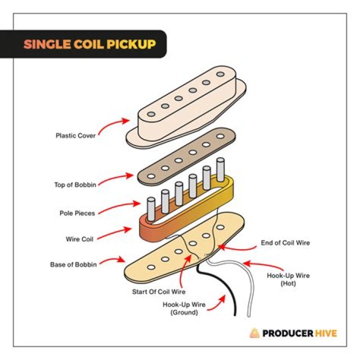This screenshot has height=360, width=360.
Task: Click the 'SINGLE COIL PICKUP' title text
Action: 89,44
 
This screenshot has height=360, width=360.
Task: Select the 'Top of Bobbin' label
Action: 75,184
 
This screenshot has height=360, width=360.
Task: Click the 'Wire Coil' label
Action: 79,239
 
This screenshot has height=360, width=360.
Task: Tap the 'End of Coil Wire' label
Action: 285,243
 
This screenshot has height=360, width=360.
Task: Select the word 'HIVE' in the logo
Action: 324,333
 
